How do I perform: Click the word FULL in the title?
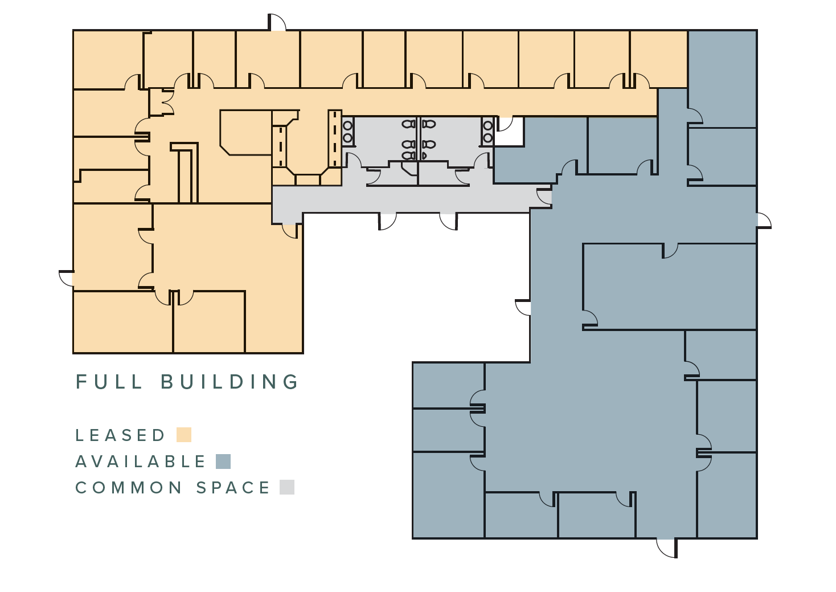[109, 382]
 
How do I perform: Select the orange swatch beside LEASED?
[184, 435]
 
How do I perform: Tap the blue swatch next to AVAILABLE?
[223, 462]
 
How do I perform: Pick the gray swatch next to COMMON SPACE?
[287, 487]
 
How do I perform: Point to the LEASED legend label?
[120, 435]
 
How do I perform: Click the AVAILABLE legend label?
[141, 462]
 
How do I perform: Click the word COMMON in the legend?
[129, 488]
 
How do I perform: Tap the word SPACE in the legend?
[233, 488]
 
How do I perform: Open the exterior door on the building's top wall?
[277, 23]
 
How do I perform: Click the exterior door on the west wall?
[67, 279]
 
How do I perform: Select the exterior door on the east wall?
[763, 220]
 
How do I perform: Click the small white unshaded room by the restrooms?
[509, 132]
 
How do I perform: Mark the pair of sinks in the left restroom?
[347, 132]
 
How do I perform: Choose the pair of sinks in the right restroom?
[487, 132]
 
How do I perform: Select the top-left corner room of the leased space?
[107, 59]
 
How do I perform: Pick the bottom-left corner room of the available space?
[448, 495]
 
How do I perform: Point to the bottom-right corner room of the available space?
[727, 495]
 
